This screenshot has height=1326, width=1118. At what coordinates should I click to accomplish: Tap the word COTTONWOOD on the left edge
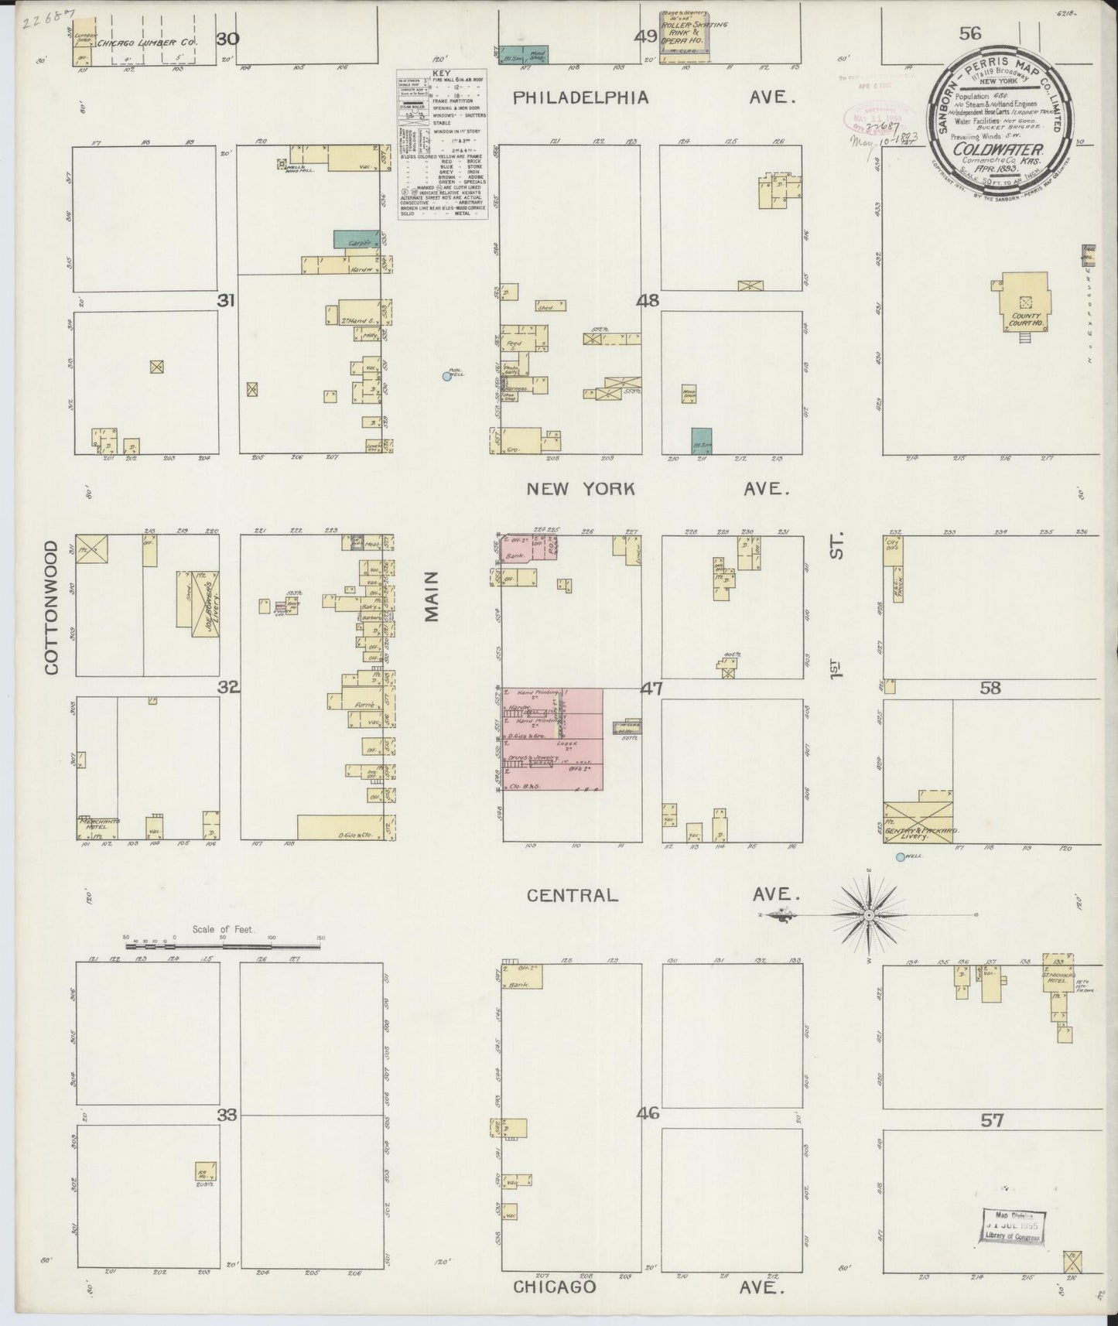52,607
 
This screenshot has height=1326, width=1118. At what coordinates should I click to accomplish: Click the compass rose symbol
868,914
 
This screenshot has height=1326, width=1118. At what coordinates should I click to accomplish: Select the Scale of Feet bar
223,944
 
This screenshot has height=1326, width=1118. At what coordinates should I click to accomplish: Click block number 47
651,689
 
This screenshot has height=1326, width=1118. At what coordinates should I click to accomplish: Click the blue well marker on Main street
446,376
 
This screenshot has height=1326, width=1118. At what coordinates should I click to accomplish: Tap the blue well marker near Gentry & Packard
899,856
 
